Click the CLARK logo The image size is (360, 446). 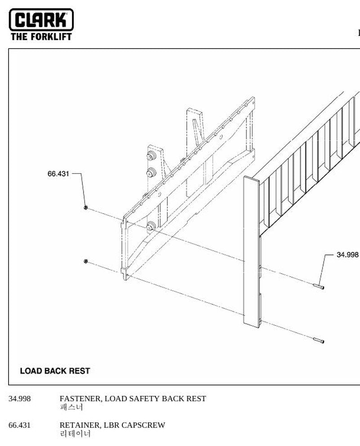(x=41, y=20)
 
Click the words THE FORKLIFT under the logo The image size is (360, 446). (x=41, y=37)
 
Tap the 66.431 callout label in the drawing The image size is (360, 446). (x=58, y=174)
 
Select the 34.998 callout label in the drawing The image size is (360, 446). (x=347, y=254)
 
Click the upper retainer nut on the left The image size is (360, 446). (x=85, y=208)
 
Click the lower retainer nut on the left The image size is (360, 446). (x=85, y=261)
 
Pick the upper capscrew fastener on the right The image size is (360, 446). (x=319, y=286)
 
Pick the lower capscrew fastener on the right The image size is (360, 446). (x=319, y=340)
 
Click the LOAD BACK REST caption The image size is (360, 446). (x=55, y=371)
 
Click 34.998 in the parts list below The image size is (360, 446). (x=20, y=398)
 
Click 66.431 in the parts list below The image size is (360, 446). (x=20, y=425)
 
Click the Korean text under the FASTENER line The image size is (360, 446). (x=72, y=407)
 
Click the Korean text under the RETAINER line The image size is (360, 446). (x=75, y=434)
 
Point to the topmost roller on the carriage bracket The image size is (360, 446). (x=151, y=156)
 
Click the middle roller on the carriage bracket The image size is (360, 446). (x=151, y=172)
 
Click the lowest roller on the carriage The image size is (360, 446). (x=151, y=227)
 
